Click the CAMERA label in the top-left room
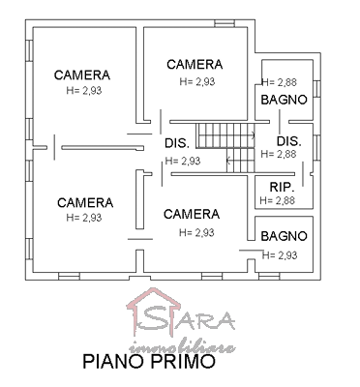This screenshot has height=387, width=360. (x=82, y=75)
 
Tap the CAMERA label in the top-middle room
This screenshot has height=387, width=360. (x=195, y=65)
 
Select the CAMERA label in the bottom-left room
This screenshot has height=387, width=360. (x=85, y=203)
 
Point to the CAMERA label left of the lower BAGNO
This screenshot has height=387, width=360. (x=192, y=214)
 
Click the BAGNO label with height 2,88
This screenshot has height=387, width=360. (x=284, y=100)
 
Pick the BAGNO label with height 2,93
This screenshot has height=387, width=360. (x=284, y=236)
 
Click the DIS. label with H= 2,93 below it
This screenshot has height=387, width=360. (x=177, y=143)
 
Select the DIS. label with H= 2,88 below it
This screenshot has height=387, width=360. (x=289, y=141)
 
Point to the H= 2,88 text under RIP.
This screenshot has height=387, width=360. (x=278, y=200)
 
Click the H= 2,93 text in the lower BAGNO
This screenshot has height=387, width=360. (x=280, y=255)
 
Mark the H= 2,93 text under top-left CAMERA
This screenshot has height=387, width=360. (x=84, y=91)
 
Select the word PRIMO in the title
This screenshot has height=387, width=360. (x=183, y=361)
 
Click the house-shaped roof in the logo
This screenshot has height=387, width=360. (x=154, y=301)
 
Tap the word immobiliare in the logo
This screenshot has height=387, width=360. (x=182, y=347)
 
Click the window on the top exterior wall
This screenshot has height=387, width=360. (x=225, y=23)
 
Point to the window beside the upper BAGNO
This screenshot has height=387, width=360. (x=316, y=88)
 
